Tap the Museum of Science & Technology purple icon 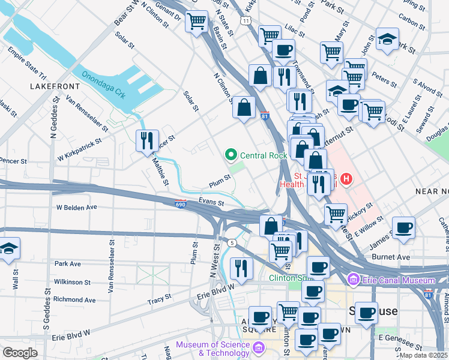pos(259,347)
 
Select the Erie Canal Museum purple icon pos(352,280)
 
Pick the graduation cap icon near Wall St pos(9,248)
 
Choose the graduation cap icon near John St pos(387,39)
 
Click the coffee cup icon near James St pos(404,227)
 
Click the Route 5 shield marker pos(231,241)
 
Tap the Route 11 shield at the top pos(247,20)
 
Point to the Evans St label pos(211,203)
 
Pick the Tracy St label pos(159,296)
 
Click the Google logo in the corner pos(20,353)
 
